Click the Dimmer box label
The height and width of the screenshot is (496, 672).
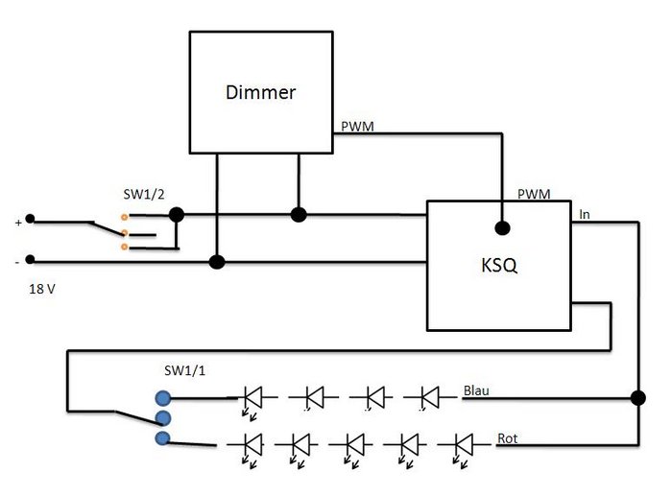click(x=260, y=93)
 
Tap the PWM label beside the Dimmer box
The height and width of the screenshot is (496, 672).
click(x=357, y=126)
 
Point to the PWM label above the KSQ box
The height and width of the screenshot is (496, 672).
click(x=534, y=194)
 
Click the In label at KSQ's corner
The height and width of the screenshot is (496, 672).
click(x=585, y=215)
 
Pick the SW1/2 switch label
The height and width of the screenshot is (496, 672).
click(x=144, y=194)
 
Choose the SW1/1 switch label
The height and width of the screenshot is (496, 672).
click(x=185, y=370)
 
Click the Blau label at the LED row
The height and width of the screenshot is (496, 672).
click(x=477, y=391)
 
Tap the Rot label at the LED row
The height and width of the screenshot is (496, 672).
click(x=508, y=438)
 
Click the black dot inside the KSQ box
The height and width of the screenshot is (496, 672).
click(x=500, y=228)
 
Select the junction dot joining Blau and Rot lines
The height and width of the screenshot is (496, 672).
click(x=637, y=397)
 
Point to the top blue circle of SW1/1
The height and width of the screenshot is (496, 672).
click(x=162, y=397)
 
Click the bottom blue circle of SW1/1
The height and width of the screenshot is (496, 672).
click(x=162, y=438)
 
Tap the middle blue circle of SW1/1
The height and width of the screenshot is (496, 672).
click(x=162, y=417)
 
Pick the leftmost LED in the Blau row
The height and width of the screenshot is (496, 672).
click(x=252, y=395)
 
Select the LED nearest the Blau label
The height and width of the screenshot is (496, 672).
click(x=426, y=395)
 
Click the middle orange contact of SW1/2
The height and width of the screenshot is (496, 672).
click(x=125, y=232)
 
